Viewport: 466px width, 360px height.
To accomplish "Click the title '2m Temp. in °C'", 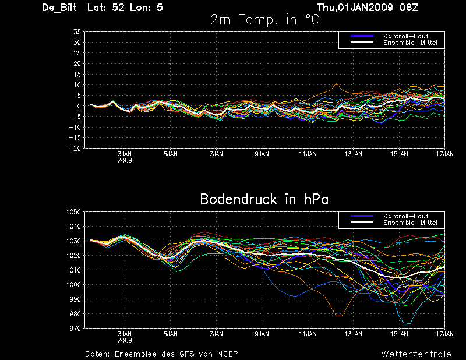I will pyautogui.click(x=265, y=19).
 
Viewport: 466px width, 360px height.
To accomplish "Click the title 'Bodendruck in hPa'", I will pyautogui.click(x=264, y=199).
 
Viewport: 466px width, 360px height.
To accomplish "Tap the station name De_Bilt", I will pyautogui.click(x=61, y=8).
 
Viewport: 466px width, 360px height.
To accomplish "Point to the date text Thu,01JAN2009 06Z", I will pyautogui.click(x=368, y=8).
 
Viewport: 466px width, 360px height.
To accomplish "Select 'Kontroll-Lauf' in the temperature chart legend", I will pyautogui.click(x=402, y=36).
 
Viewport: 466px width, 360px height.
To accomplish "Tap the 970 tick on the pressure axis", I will pyautogui.click(x=74, y=329).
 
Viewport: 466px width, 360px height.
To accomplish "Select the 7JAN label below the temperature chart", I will pyautogui.click(x=216, y=154).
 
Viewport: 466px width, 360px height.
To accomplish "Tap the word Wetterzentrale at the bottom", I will pyautogui.click(x=415, y=354).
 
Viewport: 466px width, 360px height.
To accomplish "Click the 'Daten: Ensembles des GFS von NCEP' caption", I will pyautogui.click(x=161, y=354).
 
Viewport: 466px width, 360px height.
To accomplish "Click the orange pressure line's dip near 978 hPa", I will pyautogui.click(x=338, y=316).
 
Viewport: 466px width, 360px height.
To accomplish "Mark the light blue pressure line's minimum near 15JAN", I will pyautogui.click(x=406, y=324).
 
